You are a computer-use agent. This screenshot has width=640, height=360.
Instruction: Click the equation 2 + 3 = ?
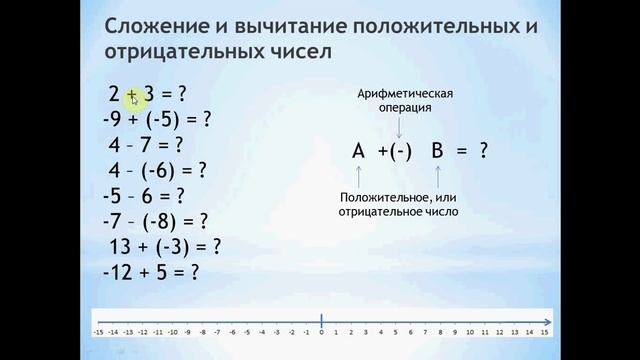click(x=148, y=95)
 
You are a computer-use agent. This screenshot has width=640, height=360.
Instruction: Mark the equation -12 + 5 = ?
click(x=153, y=271)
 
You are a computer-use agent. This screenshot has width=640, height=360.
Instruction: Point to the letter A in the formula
click(x=359, y=151)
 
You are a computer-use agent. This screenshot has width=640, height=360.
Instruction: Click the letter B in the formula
click(x=437, y=151)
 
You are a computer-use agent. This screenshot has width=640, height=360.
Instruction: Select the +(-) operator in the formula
click(x=396, y=151)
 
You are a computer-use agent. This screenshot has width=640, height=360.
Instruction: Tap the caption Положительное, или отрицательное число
click(x=398, y=204)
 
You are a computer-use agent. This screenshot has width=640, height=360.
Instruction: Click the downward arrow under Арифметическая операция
click(x=399, y=126)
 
